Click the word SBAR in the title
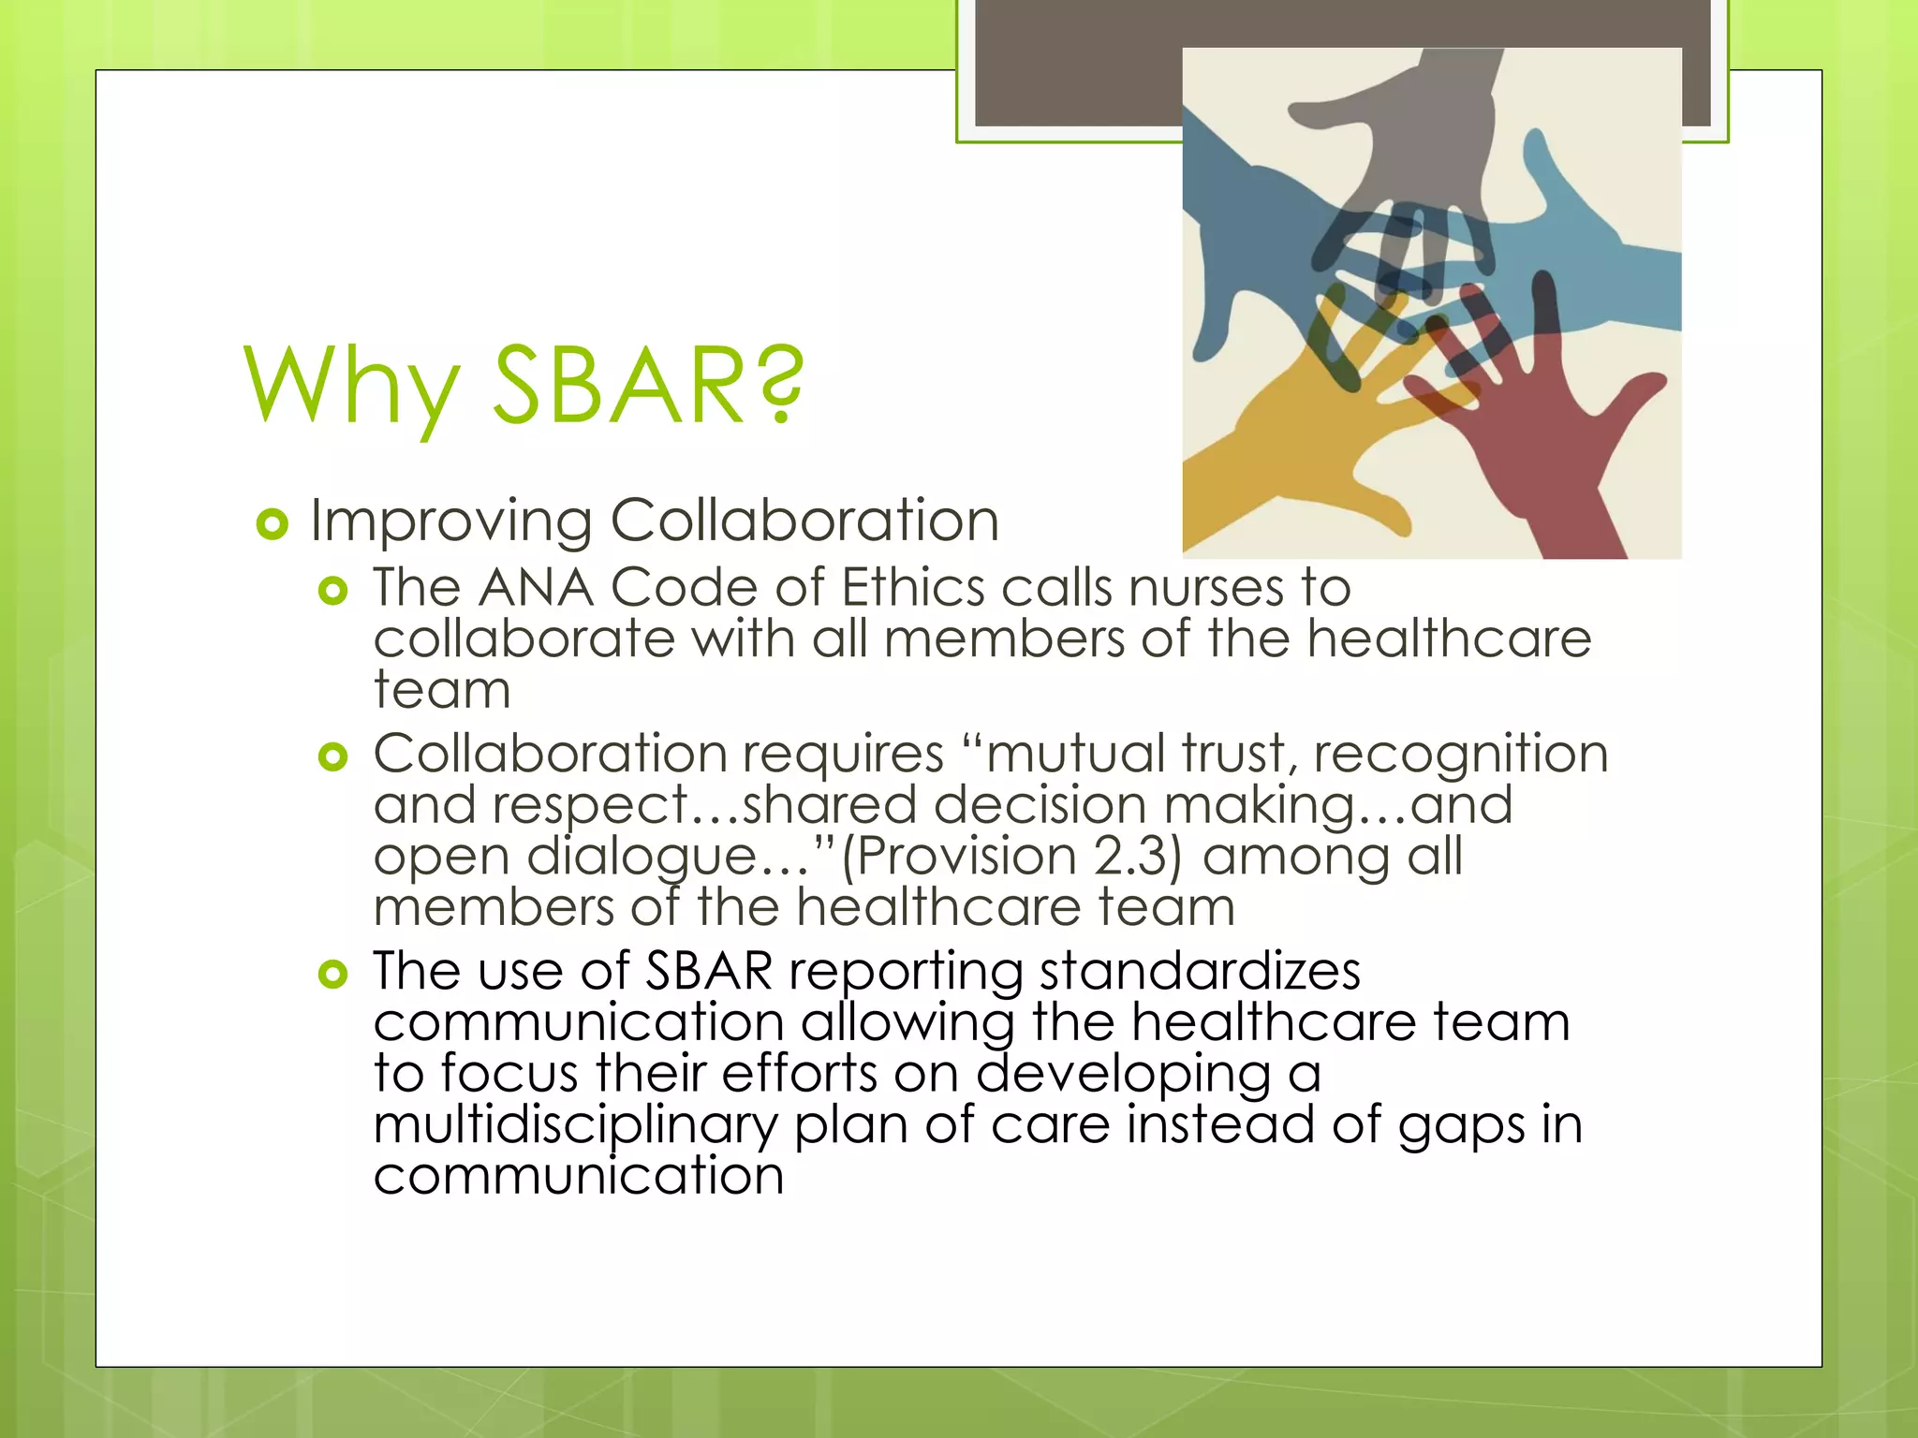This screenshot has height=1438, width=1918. (618, 384)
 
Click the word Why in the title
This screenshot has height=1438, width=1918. (352, 386)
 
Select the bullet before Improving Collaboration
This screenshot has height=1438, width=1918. (272, 524)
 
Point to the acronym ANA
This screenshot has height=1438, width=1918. (536, 588)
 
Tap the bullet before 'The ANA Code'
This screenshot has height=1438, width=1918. (332, 591)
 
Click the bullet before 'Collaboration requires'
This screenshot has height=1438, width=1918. (332, 756)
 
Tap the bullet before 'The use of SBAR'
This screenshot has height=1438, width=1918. (332, 975)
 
